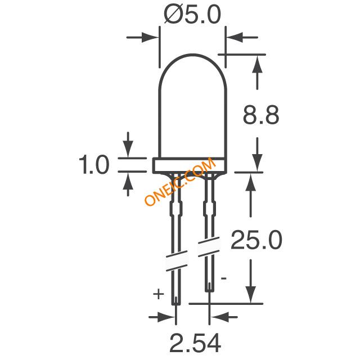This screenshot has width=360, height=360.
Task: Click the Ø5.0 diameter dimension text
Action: [191, 15]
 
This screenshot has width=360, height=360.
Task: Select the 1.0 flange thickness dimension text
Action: [94, 166]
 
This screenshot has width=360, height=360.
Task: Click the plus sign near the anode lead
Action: [159, 293]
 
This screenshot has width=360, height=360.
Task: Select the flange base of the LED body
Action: [192, 165]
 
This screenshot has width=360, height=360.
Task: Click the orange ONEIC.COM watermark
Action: [180, 183]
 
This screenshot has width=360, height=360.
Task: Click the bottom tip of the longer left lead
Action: [176, 304]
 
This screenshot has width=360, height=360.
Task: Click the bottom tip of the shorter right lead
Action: [209, 289]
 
